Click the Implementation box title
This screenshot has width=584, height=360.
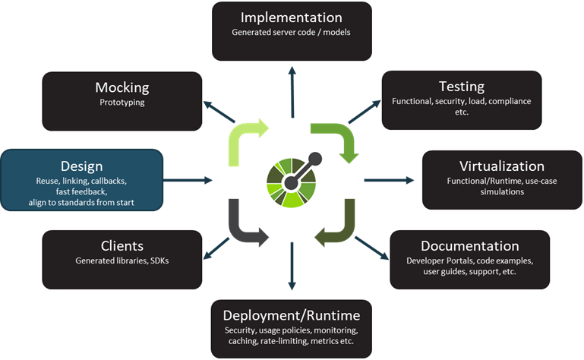[x=292, y=17]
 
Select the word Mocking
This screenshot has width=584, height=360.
[x=122, y=87]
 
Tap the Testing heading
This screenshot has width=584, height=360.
[x=461, y=86]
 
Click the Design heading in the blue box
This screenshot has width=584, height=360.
[x=81, y=166]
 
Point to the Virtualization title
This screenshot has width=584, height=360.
[x=502, y=166]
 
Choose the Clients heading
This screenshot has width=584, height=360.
[x=122, y=245]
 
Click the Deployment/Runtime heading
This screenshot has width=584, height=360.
[x=292, y=315]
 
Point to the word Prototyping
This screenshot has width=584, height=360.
[x=122, y=103]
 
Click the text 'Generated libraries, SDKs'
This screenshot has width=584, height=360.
[x=122, y=261]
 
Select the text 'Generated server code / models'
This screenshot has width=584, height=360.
[x=292, y=32]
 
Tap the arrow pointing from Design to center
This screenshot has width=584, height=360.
[x=188, y=180]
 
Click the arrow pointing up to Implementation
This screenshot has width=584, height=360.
[x=292, y=84]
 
